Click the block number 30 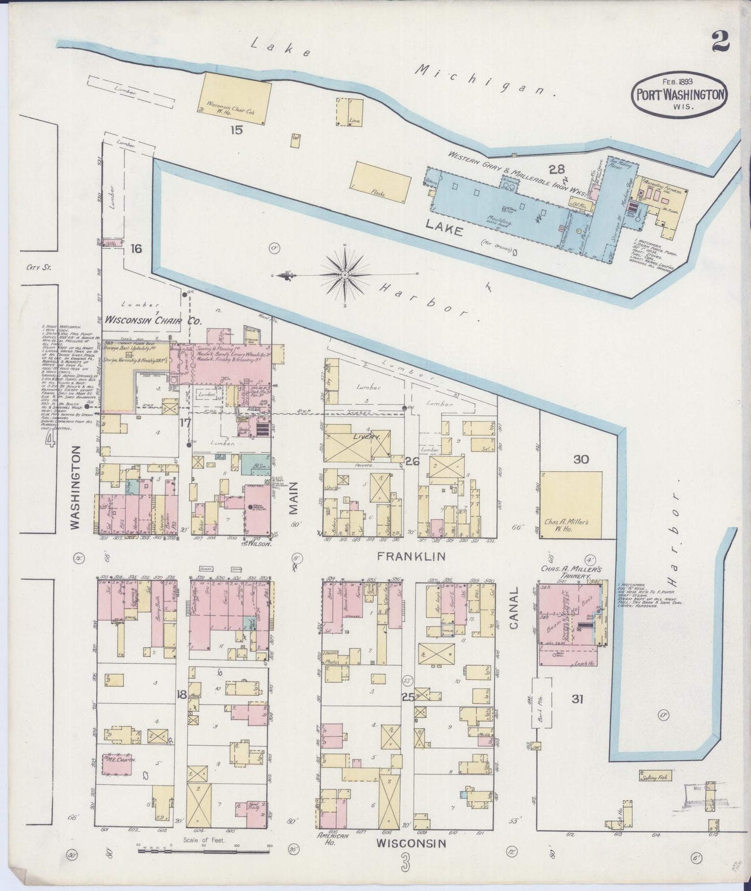(581, 460)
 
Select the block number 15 (236, 130)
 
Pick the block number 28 (556, 168)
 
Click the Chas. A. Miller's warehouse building (571, 504)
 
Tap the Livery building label (367, 438)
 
